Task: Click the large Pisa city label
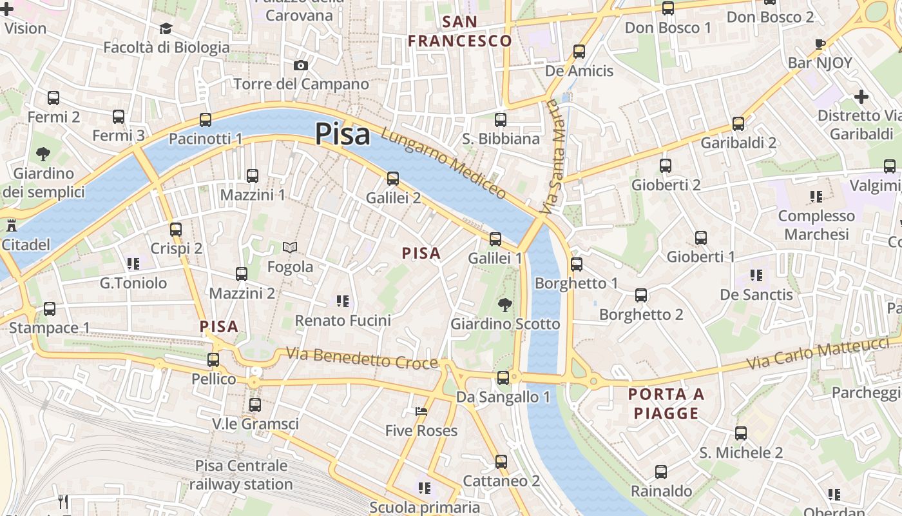[342, 134]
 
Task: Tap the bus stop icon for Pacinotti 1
[206, 119]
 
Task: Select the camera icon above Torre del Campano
[300, 65]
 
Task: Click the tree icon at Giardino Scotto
[505, 304]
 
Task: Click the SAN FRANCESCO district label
[460, 32]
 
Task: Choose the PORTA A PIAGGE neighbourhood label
[666, 404]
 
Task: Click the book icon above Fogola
[290, 247]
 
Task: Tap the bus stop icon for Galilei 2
[393, 178]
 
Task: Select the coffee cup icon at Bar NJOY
[820, 44]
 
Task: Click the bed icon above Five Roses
[421, 411]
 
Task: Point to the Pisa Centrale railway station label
[241, 475]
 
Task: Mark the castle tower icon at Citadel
[11, 226]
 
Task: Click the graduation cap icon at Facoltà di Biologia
[166, 28]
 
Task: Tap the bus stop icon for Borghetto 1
[576, 264]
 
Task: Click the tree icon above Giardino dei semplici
[43, 154]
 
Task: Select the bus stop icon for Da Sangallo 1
[503, 377]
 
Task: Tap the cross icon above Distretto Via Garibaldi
[861, 97]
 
